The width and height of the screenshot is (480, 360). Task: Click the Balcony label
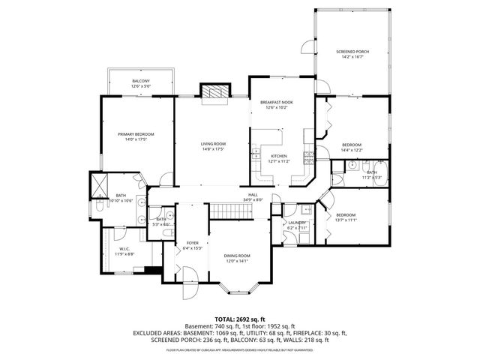(x=141, y=80)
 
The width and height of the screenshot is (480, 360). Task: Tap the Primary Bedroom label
(x=135, y=134)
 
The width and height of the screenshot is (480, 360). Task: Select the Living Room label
(x=213, y=143)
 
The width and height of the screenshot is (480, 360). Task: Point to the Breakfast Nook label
(x=275, y=102)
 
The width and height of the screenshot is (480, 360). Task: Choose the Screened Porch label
(x=352, y=52)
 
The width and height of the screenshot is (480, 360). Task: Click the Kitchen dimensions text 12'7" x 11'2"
(x=279, y=160)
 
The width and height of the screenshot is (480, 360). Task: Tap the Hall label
(x=251, y=196)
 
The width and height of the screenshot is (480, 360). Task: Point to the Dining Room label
(x=236, y=256)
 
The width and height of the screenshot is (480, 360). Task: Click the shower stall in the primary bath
(x=100, y=184)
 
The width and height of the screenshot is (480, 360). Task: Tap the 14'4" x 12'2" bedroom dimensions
(x=352, y=149)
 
